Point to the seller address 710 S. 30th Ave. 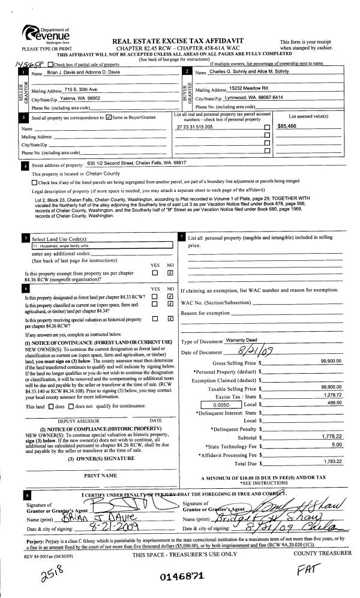[80, 89]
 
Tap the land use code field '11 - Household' [55, 245]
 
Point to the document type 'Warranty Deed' [239, 340]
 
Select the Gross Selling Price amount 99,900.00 [331, 362]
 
